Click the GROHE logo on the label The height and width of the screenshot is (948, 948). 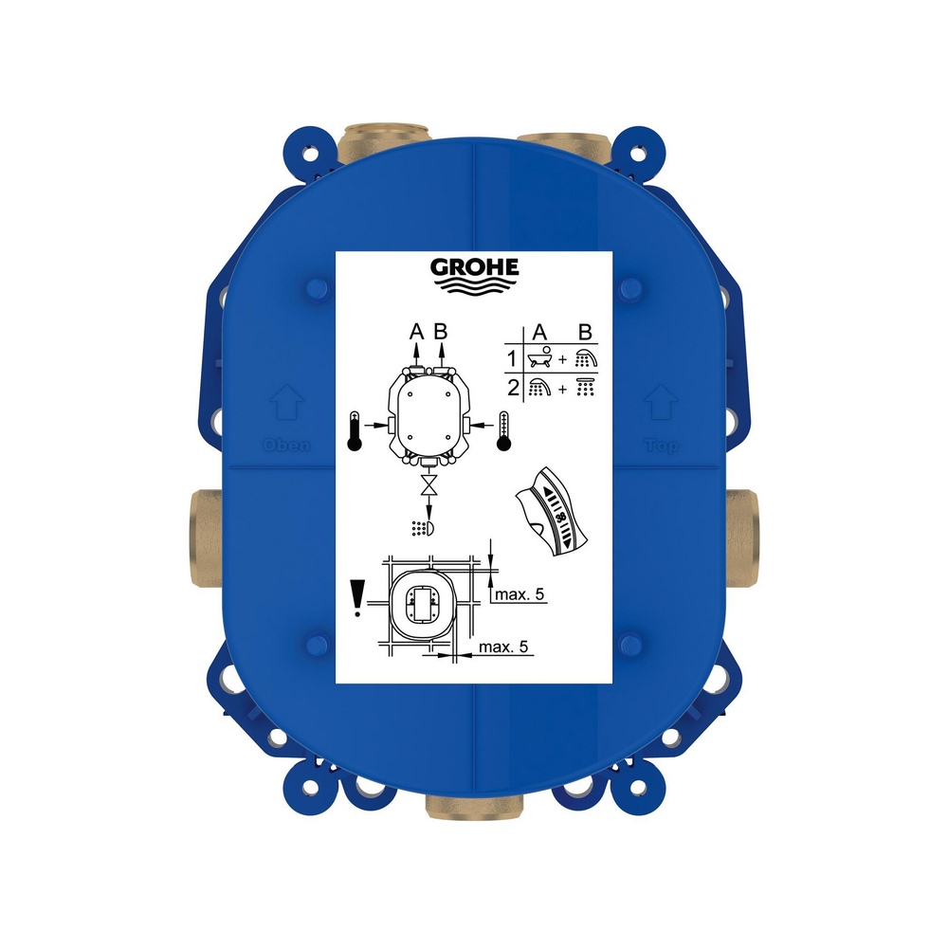point(475,275)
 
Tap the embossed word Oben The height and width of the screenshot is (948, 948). point(287,446)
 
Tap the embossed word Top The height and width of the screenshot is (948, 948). point(662,446)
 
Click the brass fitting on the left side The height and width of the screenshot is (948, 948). point(206,538)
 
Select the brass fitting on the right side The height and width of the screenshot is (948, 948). point(742,538)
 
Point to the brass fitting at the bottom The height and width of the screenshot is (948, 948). point(473,807)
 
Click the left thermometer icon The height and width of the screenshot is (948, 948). point(355,431)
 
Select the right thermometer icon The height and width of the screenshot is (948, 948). point(503,431)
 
